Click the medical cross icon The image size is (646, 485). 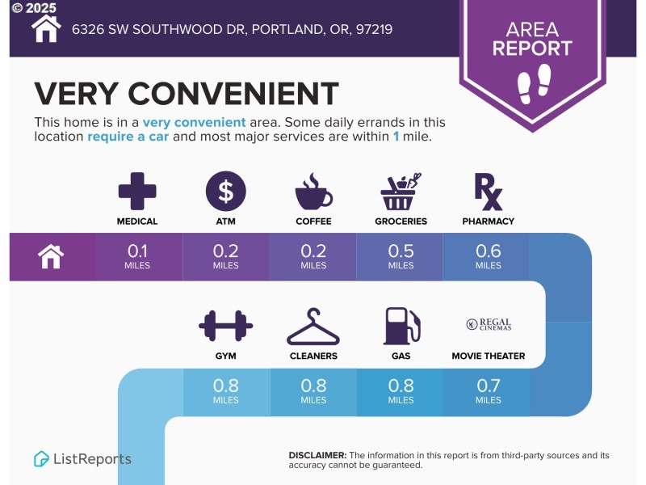pos(137,191)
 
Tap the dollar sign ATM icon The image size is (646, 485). pos(226,192)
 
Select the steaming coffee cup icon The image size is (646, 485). pos(313,191)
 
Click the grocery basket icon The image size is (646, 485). pos(401,191)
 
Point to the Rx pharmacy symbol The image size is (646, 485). pos(489,192)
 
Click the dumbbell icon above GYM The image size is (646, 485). pos(226,326)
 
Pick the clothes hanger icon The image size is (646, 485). pos(313,327)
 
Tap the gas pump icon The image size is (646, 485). pos(402,326)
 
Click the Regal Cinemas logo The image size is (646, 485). pos(489,324)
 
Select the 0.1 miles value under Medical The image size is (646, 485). pos(137,256)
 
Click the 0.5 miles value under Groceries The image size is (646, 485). pos(401,256)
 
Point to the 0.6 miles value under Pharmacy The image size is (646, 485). pos(489,256)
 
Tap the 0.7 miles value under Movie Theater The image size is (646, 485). pos(489,391)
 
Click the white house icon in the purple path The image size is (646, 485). pos(51,256)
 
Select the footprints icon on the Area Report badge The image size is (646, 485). pos(534,83)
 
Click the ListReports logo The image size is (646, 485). pos(82,459)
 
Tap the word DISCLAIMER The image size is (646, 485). pos(317,455)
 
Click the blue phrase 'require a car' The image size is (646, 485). pos(128,137)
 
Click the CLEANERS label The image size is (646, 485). pos(313,356)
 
